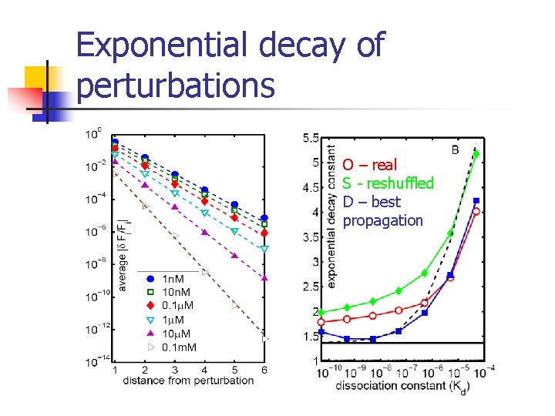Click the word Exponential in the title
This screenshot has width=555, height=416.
coord(163,47)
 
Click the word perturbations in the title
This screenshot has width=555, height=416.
coord(176,85)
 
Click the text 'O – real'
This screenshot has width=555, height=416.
coord(370,165)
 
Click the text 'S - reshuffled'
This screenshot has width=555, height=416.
coord(388,183)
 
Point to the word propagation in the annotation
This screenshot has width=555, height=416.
coord(383,220)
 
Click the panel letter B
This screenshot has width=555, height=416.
coord(456,149)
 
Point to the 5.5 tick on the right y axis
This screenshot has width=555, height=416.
coord(311,138)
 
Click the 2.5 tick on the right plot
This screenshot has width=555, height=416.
coord(311,287)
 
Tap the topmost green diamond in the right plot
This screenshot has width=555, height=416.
coord(476,154)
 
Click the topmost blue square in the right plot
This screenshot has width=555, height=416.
coord(476,200)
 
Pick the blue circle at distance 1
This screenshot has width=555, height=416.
coord(115,143)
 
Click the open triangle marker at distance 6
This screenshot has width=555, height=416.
coord(264,338)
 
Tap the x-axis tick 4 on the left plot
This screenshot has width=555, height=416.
coord(204,371)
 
